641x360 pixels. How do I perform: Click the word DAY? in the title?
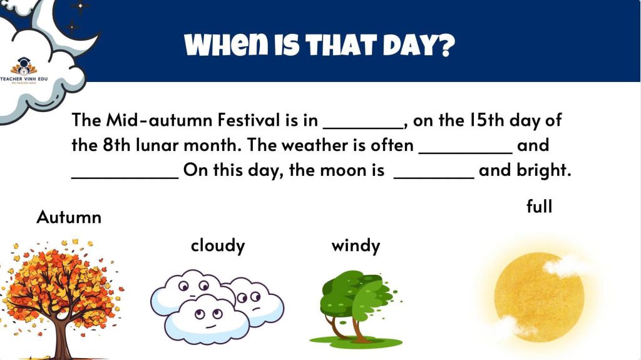click(x=419, y=44)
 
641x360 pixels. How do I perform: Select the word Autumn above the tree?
click(x=69, y=217)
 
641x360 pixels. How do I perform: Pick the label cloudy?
click(x=218, y=245)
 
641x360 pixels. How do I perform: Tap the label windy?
click(x=356, y=245)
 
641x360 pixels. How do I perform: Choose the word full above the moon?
click(x=539, y=206)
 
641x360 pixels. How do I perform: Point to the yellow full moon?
click(x=539, y=297)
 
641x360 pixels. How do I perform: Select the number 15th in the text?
click(x=486, y=120)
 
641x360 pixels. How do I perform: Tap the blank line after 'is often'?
click(x=466, y=153)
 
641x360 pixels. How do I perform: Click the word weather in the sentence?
click(x=314, y=145)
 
